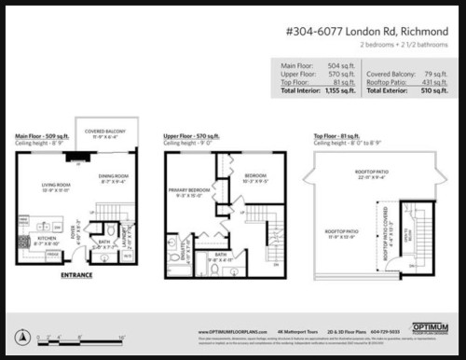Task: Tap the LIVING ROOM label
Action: pos(56,187)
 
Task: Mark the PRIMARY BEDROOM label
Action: pos(189,191)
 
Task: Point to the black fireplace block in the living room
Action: pos(70,156)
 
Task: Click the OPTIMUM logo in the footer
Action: pos(431,331)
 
